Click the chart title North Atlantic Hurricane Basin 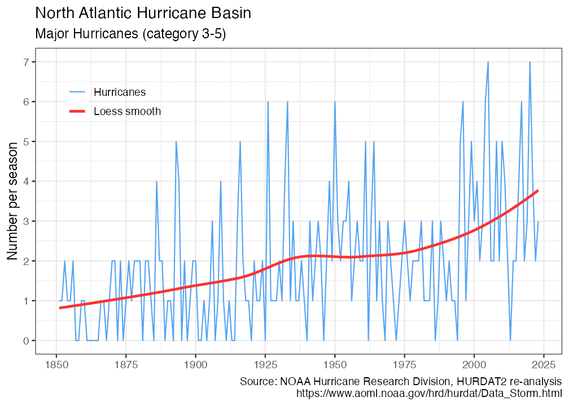coord(143,14)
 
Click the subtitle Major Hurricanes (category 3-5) coord(130,34)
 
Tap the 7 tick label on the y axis coord(26,61)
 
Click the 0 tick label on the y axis coord(26,341)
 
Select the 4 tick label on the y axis coord(26,181)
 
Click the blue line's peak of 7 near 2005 coord(488,62)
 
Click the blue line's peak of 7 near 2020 coord(529,62)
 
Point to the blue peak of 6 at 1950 coord(335,102)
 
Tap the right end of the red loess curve coord(538,191)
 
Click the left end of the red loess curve coord(59,308)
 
